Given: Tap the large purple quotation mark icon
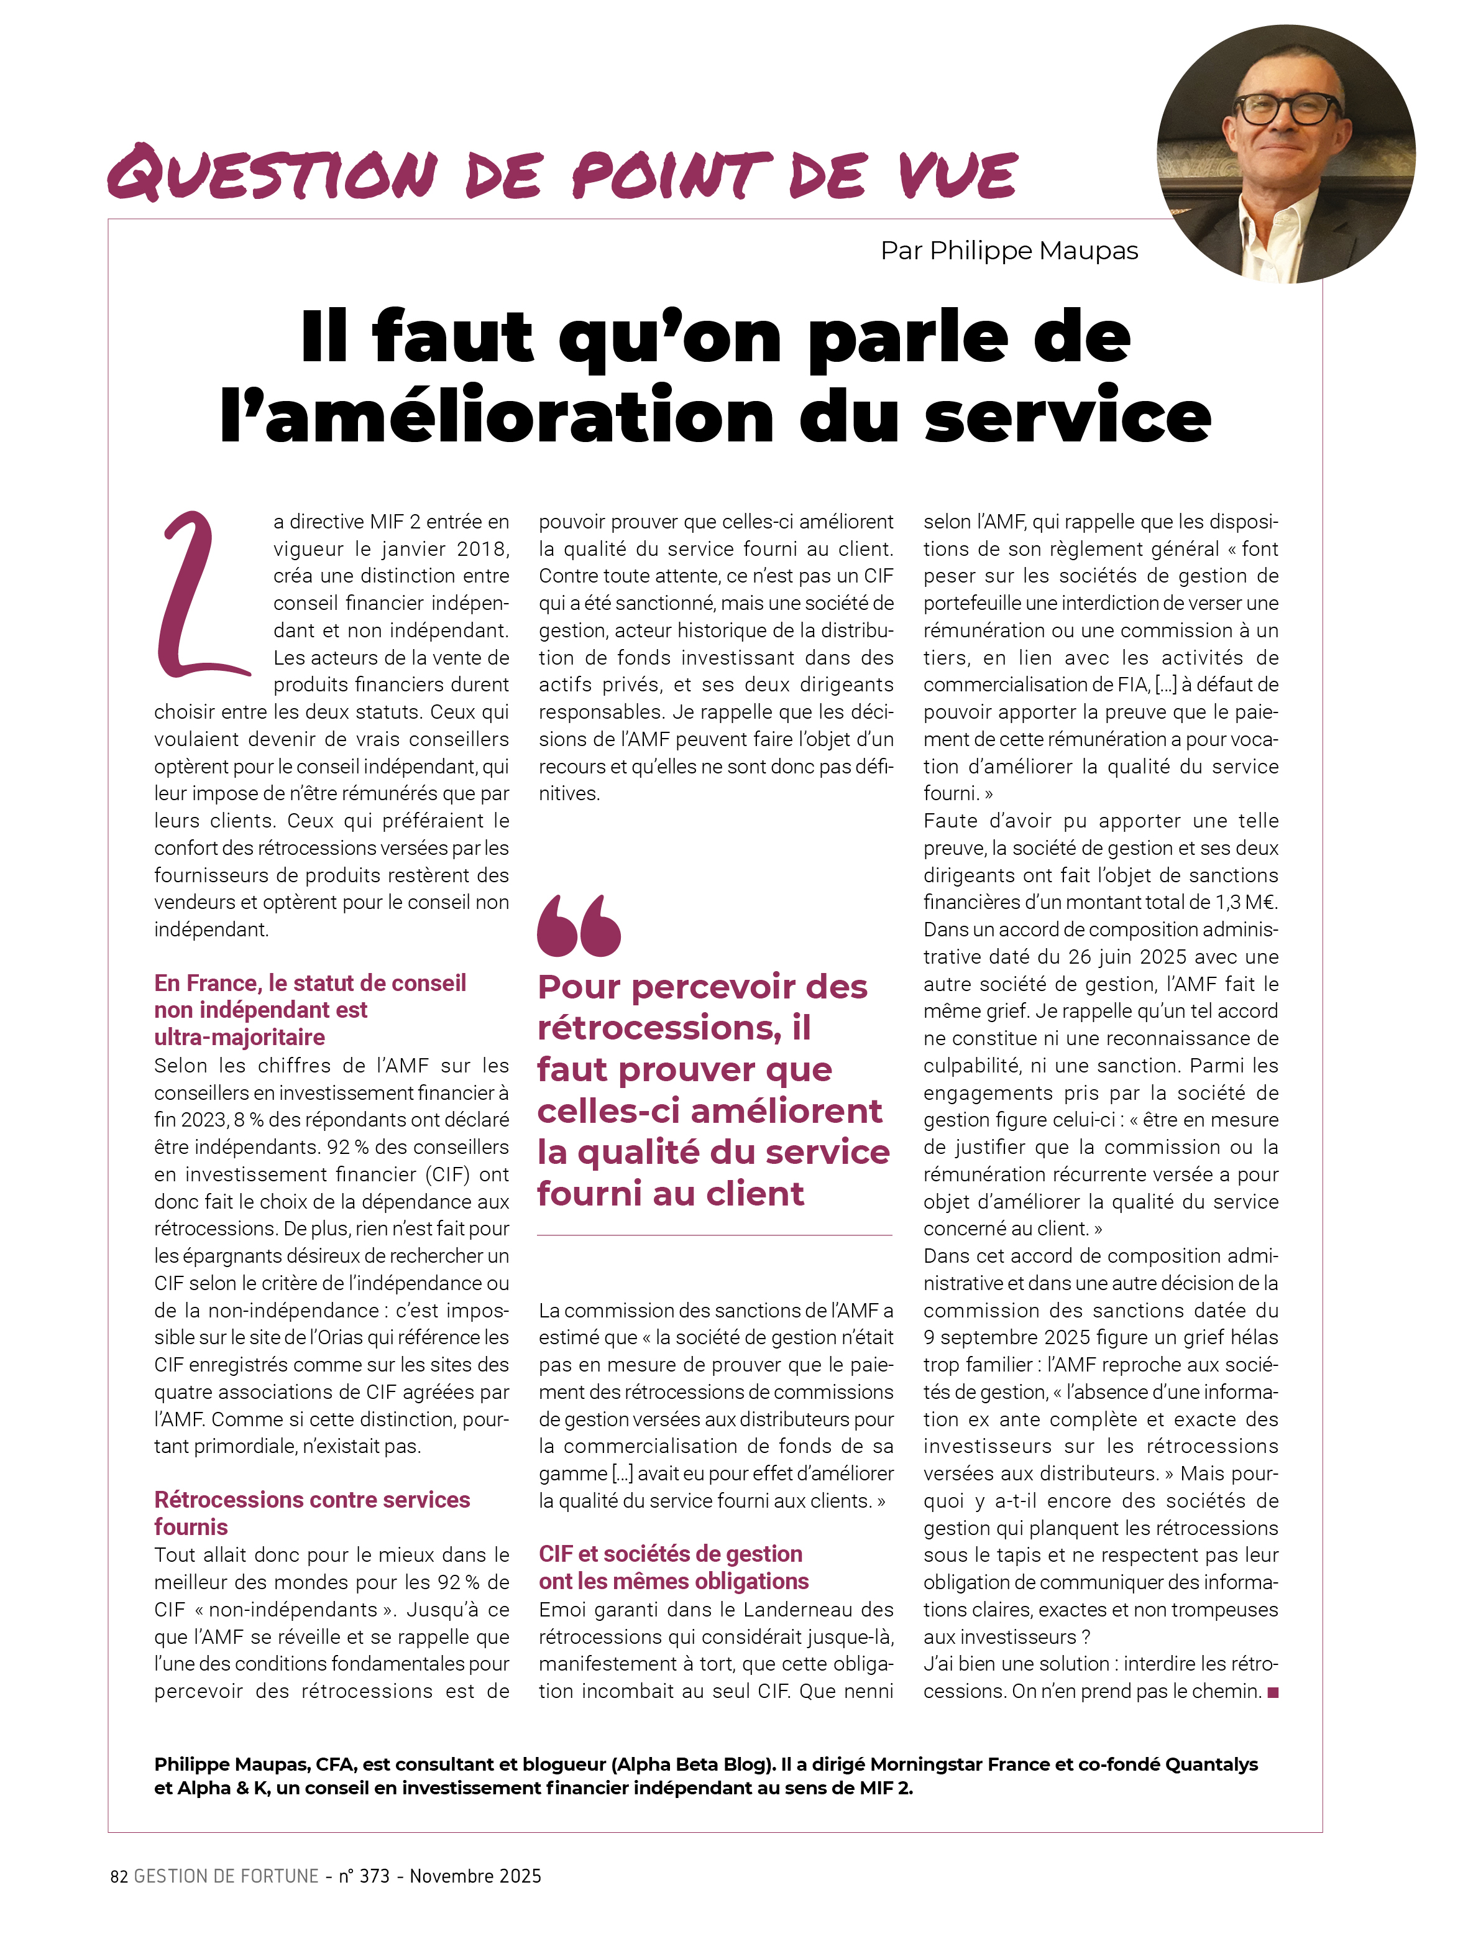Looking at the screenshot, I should point(578,926).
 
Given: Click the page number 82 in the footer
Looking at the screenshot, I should point(119,1876).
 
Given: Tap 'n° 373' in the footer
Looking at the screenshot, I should point(364,1876).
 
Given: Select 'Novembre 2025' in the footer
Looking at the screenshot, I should point(475,1876).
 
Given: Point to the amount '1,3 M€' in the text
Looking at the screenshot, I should point(1246,902).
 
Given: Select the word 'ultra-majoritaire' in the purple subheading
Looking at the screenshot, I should point(239,1037).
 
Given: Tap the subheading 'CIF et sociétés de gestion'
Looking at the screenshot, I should point(670,1554).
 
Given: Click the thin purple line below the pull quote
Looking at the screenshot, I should point(714,1235).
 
